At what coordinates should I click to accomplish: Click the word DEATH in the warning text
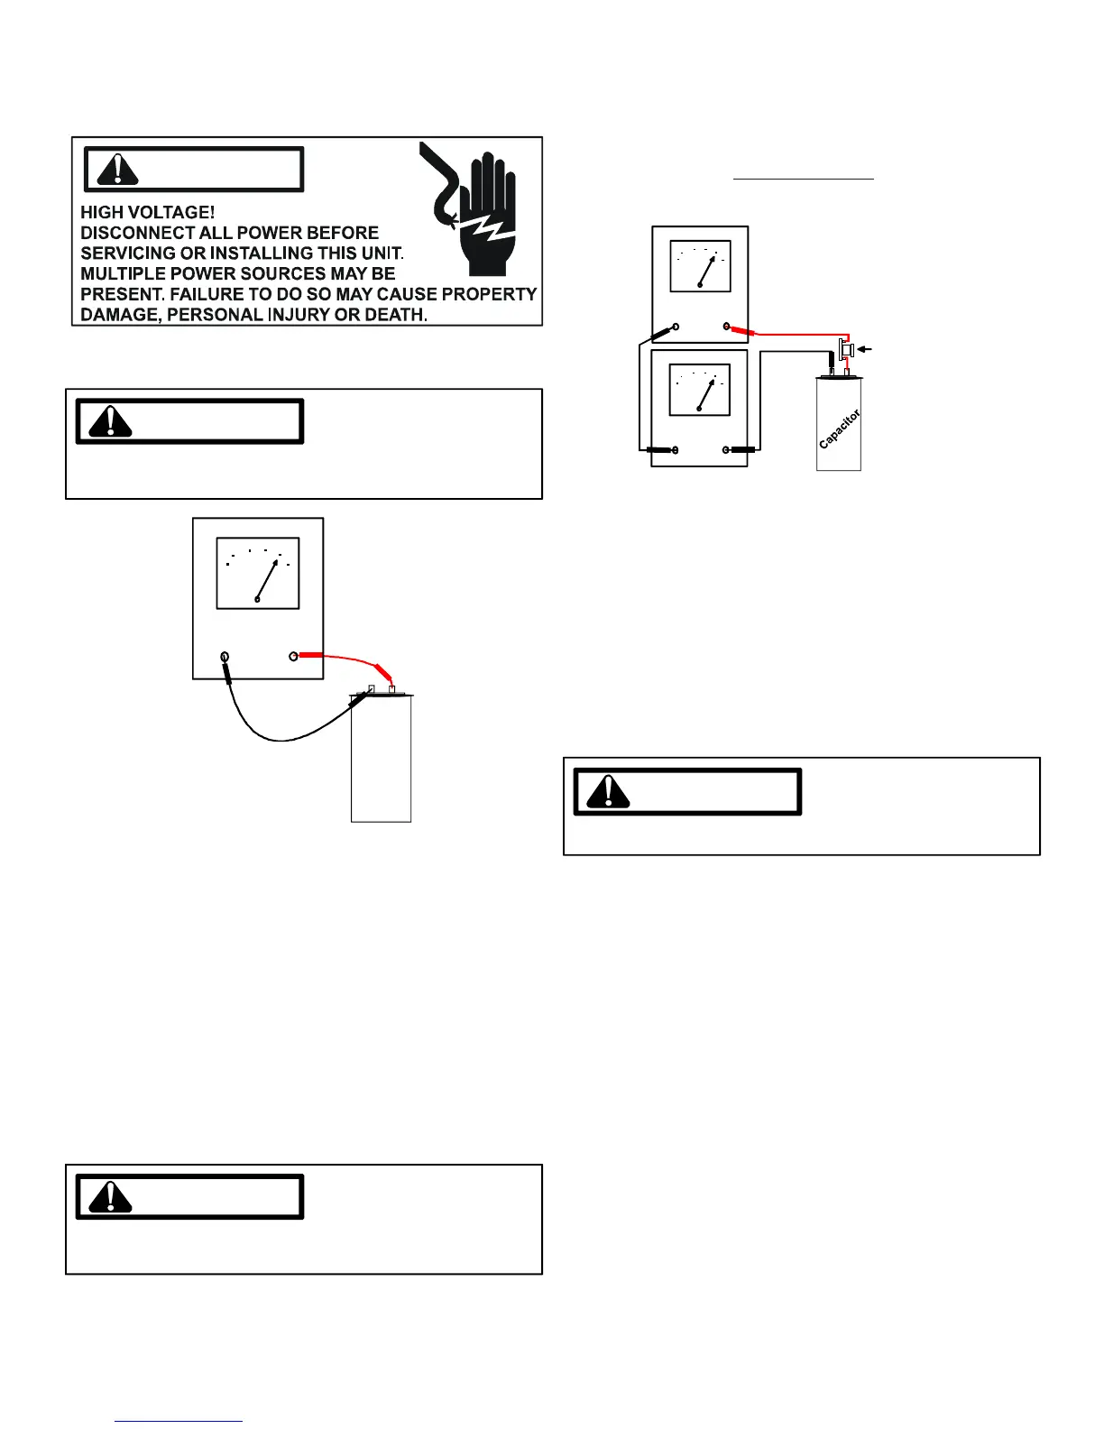(x=396, y=315)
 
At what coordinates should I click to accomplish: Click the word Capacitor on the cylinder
(x=839, y=429)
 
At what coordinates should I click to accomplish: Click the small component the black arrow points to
(x=846, y=348)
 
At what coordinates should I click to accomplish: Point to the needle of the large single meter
(x=267, y=580)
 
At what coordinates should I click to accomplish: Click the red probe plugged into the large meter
(x=310, y=656)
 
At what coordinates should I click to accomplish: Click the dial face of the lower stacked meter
(x=700, y=389)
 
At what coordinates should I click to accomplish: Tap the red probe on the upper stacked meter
(x=742, y=331)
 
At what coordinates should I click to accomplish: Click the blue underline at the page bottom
(x=179, y=1421)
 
